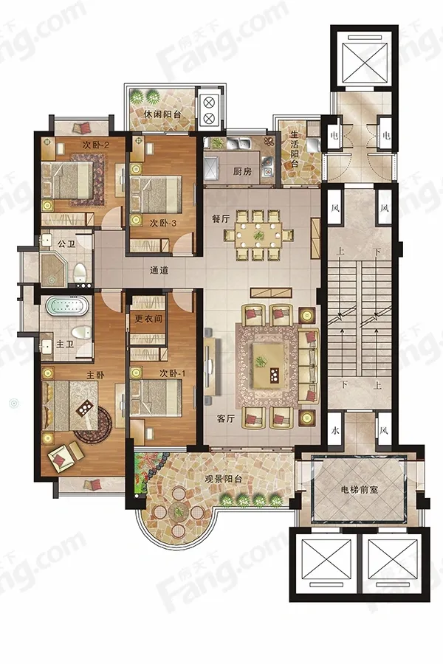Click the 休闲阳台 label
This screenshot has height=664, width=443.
click(162, 114)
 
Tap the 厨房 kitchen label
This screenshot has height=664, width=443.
click(242, 171)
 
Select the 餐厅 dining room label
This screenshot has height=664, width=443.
click(221, 218)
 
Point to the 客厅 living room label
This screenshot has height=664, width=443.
click(225, 418)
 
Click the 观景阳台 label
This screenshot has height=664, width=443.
click(224, 480)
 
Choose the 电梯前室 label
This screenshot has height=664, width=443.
click(360, 490)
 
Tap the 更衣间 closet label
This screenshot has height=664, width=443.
click(148, 319)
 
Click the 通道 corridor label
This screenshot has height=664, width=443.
click(159, 270)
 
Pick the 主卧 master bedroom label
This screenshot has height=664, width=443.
click(95, 376)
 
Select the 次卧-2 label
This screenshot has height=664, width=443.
click(96, 145)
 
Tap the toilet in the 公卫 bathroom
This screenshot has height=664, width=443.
click(80, 273)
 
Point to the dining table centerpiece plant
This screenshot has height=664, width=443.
click(258, 235)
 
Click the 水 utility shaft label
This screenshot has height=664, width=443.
click(335, 431)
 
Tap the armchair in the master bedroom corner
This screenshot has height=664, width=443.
click(66, 456)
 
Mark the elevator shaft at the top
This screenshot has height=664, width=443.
click(364, 59)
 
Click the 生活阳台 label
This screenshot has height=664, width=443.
click(295, 148)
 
